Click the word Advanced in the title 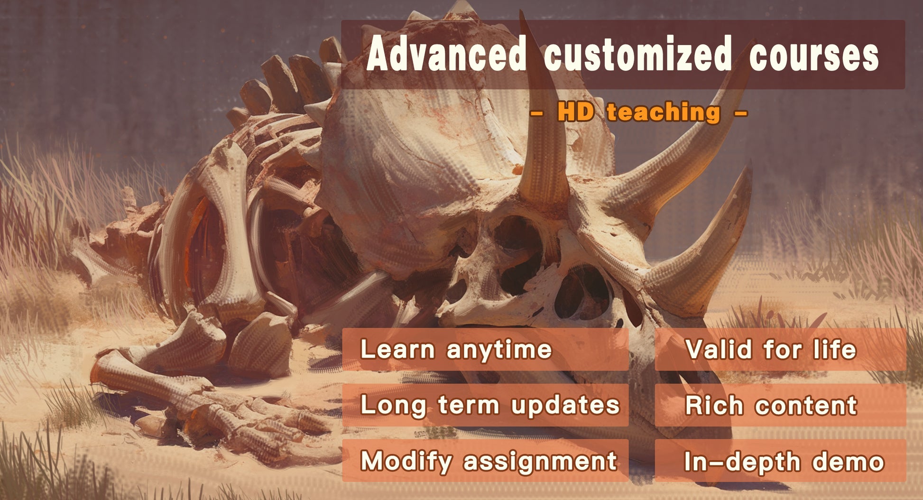(446, 53)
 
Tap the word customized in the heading (638, 53)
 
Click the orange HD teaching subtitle (639, 112)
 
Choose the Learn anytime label (456, 350)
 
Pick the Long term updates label (490, 406)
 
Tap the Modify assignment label (489, 461)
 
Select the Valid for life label (771, 350)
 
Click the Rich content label (771, 406)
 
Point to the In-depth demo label (784, 462)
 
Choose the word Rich (714, 406)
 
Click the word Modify (406, 461)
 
